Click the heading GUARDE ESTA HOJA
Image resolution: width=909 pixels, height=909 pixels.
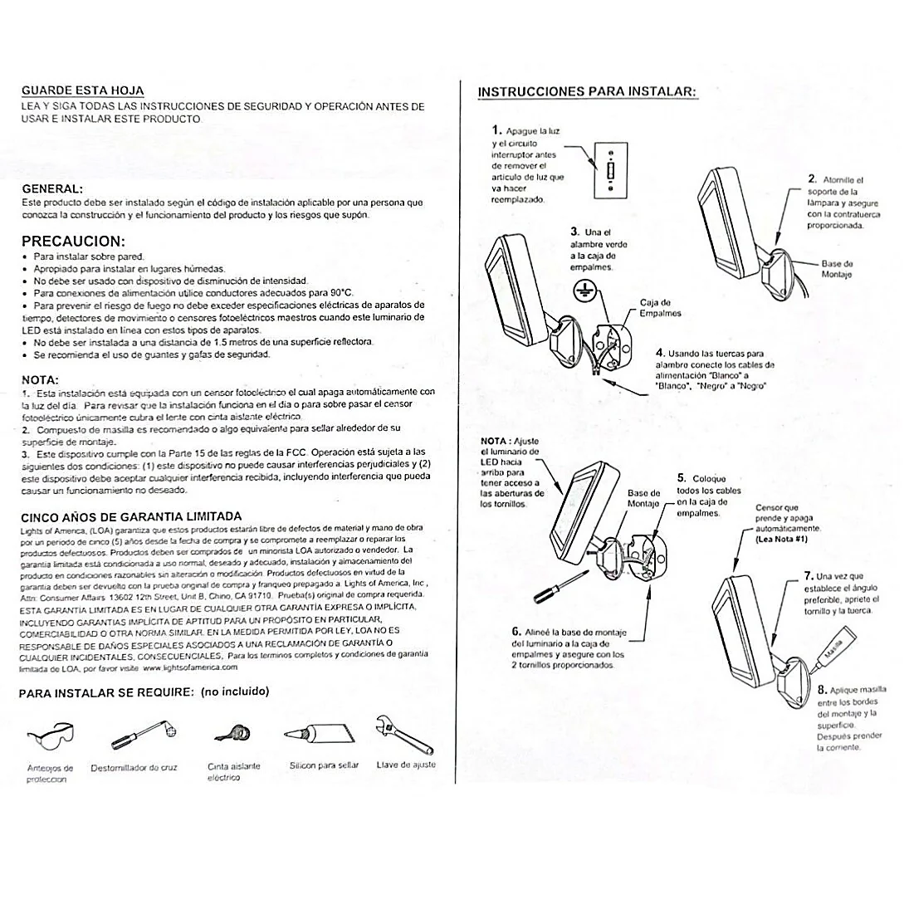tap(82, 90)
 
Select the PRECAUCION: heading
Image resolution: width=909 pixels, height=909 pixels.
tap(73, 242)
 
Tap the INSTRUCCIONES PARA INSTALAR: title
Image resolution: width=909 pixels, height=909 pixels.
tap(587, 91)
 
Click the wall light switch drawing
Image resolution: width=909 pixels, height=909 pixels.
tap(610, 171)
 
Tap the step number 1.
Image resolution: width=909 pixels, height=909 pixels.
tap(496, 130)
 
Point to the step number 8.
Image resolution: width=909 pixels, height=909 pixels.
tap(821, 688)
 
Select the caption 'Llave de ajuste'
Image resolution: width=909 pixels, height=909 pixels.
tap(406, 765)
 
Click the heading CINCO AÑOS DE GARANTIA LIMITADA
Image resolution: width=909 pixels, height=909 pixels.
tap(131, 516)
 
